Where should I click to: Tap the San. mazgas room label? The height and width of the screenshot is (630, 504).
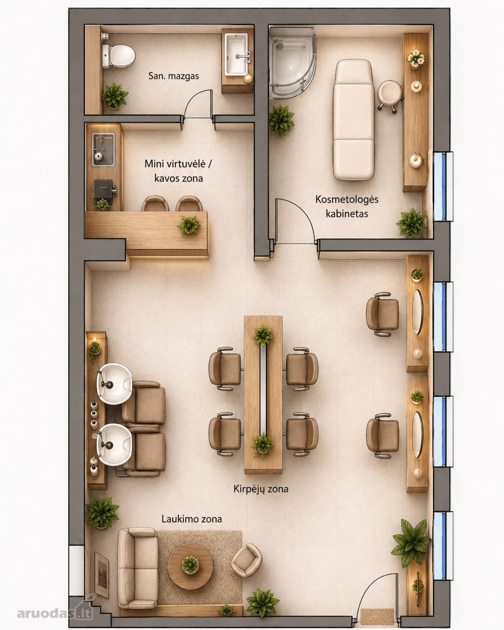(173, 76)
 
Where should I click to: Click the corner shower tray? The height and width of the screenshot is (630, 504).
(292, 62)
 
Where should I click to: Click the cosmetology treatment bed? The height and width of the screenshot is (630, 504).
(354, 120)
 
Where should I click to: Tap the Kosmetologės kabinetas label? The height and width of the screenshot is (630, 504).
(347, 206)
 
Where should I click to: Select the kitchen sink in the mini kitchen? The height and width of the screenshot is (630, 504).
(103, 149)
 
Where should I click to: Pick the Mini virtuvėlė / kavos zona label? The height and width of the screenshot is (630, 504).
(178, 171)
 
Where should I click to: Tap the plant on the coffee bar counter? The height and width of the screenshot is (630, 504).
(189, 225)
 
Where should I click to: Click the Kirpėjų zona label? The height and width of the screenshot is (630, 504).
(261, 488)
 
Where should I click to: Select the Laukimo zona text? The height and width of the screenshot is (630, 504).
(192, 519)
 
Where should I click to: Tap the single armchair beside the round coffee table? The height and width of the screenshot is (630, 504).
(246, 560)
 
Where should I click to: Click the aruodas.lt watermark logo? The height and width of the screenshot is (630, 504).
(55, 611)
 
